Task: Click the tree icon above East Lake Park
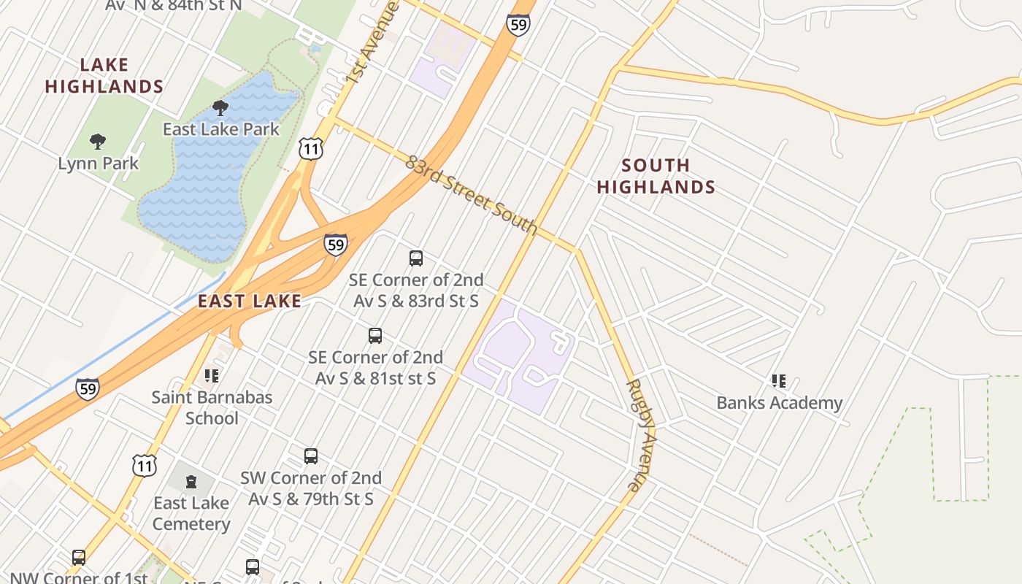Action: point(220,109)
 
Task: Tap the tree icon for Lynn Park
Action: point(98,142)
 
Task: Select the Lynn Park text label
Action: point(98,163)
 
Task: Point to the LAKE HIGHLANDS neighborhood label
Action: point(104,76)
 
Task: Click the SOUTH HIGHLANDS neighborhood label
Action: point(656,176)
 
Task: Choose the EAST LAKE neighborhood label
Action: point(249,301)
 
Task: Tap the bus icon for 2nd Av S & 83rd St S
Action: point(416,258)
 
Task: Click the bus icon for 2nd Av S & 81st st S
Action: point(375,336)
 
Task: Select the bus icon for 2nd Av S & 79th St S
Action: point(311,456)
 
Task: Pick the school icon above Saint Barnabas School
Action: point(212,376)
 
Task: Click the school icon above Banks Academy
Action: point(779,380)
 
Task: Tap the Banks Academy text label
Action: point(779,403)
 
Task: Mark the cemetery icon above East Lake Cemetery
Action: point(191,482)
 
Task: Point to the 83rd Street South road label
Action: point(472,195)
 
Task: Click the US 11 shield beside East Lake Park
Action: point(310,149)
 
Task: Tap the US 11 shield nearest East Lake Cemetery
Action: point(144,465)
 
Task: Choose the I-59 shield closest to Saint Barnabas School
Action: point(87,389)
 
